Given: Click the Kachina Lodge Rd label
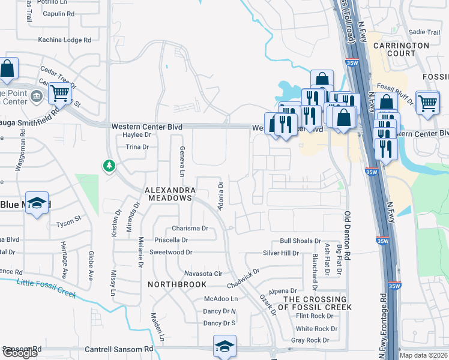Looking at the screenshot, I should [x=64, y=40].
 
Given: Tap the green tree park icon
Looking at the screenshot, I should [x=109, y=165].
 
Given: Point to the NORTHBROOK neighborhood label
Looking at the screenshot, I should [x=177, y=284].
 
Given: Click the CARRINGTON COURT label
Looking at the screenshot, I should [x=401, y=49].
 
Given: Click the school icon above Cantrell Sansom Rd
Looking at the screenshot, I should [x=224, y=346].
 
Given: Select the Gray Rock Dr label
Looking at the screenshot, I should [x=310, y=340].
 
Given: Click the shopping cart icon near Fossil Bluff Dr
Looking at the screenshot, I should [x=427, y=102].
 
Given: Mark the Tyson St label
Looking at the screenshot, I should [x=68, y=222].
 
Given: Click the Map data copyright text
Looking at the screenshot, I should [x=424, y=355].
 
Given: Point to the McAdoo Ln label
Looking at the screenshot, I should [x=221, y=299].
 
